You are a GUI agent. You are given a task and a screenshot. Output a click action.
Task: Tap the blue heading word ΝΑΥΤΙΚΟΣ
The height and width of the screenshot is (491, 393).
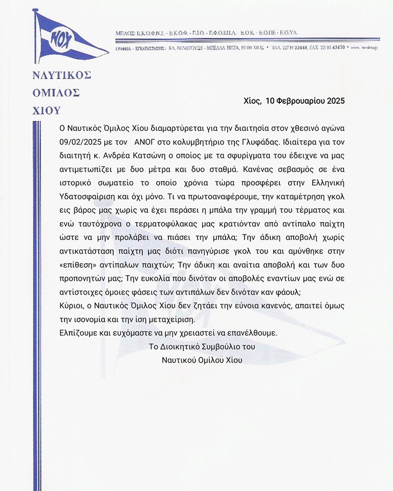(61, 75)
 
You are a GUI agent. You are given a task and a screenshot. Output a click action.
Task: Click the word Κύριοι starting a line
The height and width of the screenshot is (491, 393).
(73, 306)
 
